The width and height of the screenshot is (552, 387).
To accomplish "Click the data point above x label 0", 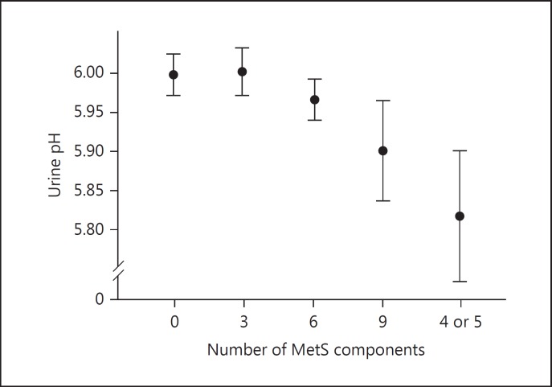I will coord(174,75).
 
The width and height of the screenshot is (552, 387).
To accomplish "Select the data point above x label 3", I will coord(243,72).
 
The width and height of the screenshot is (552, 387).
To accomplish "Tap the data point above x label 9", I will coord(383,150).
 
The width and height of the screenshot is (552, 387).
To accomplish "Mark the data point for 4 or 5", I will coord(460,216).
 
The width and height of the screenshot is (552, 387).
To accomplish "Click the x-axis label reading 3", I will coord(243,322).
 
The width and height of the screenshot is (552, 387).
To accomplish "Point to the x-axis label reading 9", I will coord(383,322).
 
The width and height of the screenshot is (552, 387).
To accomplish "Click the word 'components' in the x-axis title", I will coord(383,351).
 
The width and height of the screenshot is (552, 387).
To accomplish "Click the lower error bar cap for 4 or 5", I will coord(460,282).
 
